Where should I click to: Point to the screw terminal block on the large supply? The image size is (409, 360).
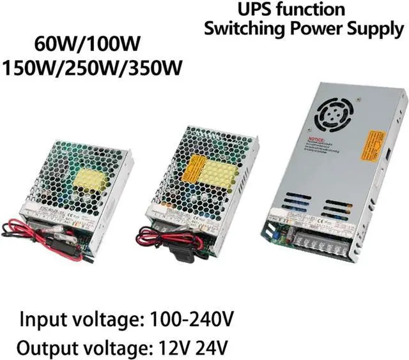click(x=322, y=245)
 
